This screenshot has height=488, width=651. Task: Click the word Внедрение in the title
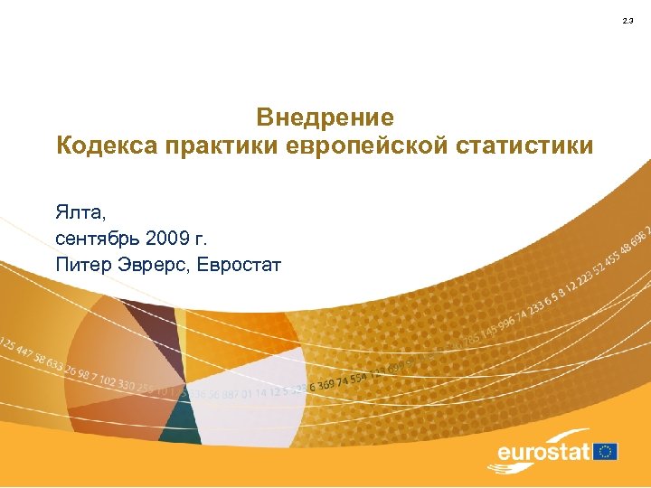(x=325, y=117)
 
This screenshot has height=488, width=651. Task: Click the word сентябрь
(x=99, y=239)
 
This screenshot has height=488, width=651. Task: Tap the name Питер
(x=82, y=265)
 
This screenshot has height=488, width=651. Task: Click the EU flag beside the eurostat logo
(x=605, y=450)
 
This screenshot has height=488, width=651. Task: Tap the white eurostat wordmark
(x=543, y=451)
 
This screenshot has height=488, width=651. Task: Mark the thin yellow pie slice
(x=181, y=334)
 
